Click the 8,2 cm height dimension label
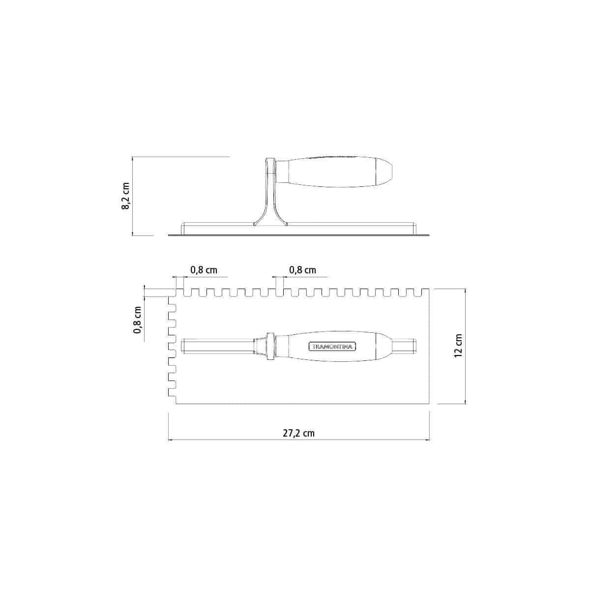(x=125, y=196)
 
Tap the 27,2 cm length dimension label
(x=298, y=433)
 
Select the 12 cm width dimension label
(x=458, y=346)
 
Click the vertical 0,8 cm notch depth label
(x=138, y=320)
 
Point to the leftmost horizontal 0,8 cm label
(x=204, y=270)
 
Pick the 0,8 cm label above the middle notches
(x=302, y=270)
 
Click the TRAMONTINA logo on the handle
(x=331, y=347)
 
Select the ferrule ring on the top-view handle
(x=270, y=346)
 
